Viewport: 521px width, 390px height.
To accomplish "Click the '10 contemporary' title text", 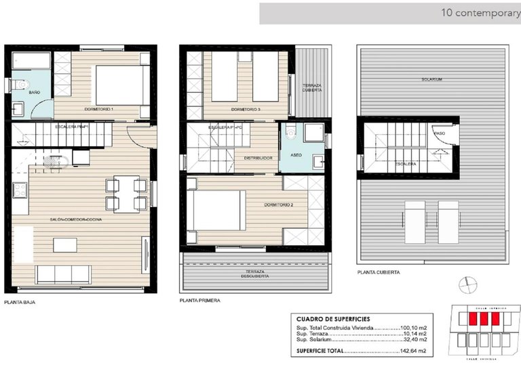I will coord(480,12).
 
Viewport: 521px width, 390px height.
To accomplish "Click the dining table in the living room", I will coord(126,194).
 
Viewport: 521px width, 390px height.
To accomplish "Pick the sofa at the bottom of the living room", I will coord(64,274).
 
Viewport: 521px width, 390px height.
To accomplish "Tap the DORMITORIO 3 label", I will coord(246,109).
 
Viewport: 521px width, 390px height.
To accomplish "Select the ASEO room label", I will coord(296,154).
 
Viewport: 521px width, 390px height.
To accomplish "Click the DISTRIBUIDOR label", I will coord(258,158).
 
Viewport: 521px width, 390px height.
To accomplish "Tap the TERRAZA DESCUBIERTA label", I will coord(255,275).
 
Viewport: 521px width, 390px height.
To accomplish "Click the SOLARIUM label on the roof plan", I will coord(431,79).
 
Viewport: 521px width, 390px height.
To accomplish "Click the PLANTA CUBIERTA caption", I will coord(379,272).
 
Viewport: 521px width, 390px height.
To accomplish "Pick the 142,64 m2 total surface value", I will coord(412,351).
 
